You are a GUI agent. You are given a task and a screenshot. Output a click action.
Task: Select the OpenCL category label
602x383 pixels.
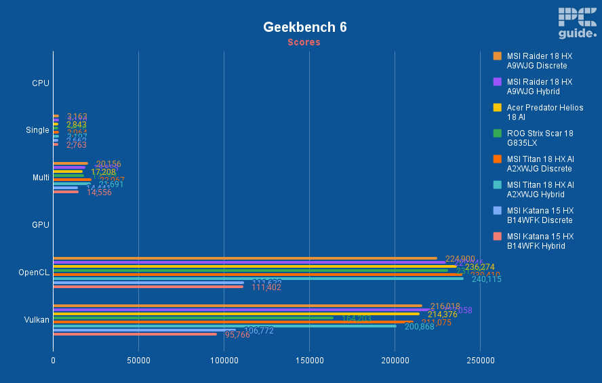(34, 273)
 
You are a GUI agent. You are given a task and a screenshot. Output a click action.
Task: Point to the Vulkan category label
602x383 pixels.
(37, 319)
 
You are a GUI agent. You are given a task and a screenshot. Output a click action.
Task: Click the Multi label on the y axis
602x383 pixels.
(41, 178)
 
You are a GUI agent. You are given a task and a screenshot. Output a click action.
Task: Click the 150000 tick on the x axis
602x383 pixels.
(309, 360)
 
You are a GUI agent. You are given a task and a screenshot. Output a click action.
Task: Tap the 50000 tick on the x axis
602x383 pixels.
(138, 360)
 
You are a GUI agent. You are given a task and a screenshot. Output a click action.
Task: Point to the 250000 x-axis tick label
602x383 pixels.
(480, 360)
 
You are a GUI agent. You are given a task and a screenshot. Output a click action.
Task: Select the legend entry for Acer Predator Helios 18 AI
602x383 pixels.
(544, 112)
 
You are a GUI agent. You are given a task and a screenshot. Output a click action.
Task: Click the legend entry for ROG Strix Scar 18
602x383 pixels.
(540, 138)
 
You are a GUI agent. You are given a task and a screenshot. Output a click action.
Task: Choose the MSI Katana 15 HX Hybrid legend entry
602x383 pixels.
(540, 241)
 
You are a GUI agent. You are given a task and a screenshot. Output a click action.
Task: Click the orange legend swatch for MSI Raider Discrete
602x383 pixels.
(497, 56)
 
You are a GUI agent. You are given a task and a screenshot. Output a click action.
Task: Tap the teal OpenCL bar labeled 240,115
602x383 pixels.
(258, 278)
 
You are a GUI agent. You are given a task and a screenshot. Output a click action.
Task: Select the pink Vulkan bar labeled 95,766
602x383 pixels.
(136, 334)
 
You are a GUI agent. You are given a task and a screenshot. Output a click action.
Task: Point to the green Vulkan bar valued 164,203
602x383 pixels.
(193, 317)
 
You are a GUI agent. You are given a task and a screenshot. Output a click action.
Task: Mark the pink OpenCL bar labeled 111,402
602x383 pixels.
(148, 286)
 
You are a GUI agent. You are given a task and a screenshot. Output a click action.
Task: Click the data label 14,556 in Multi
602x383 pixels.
(99, 193)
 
